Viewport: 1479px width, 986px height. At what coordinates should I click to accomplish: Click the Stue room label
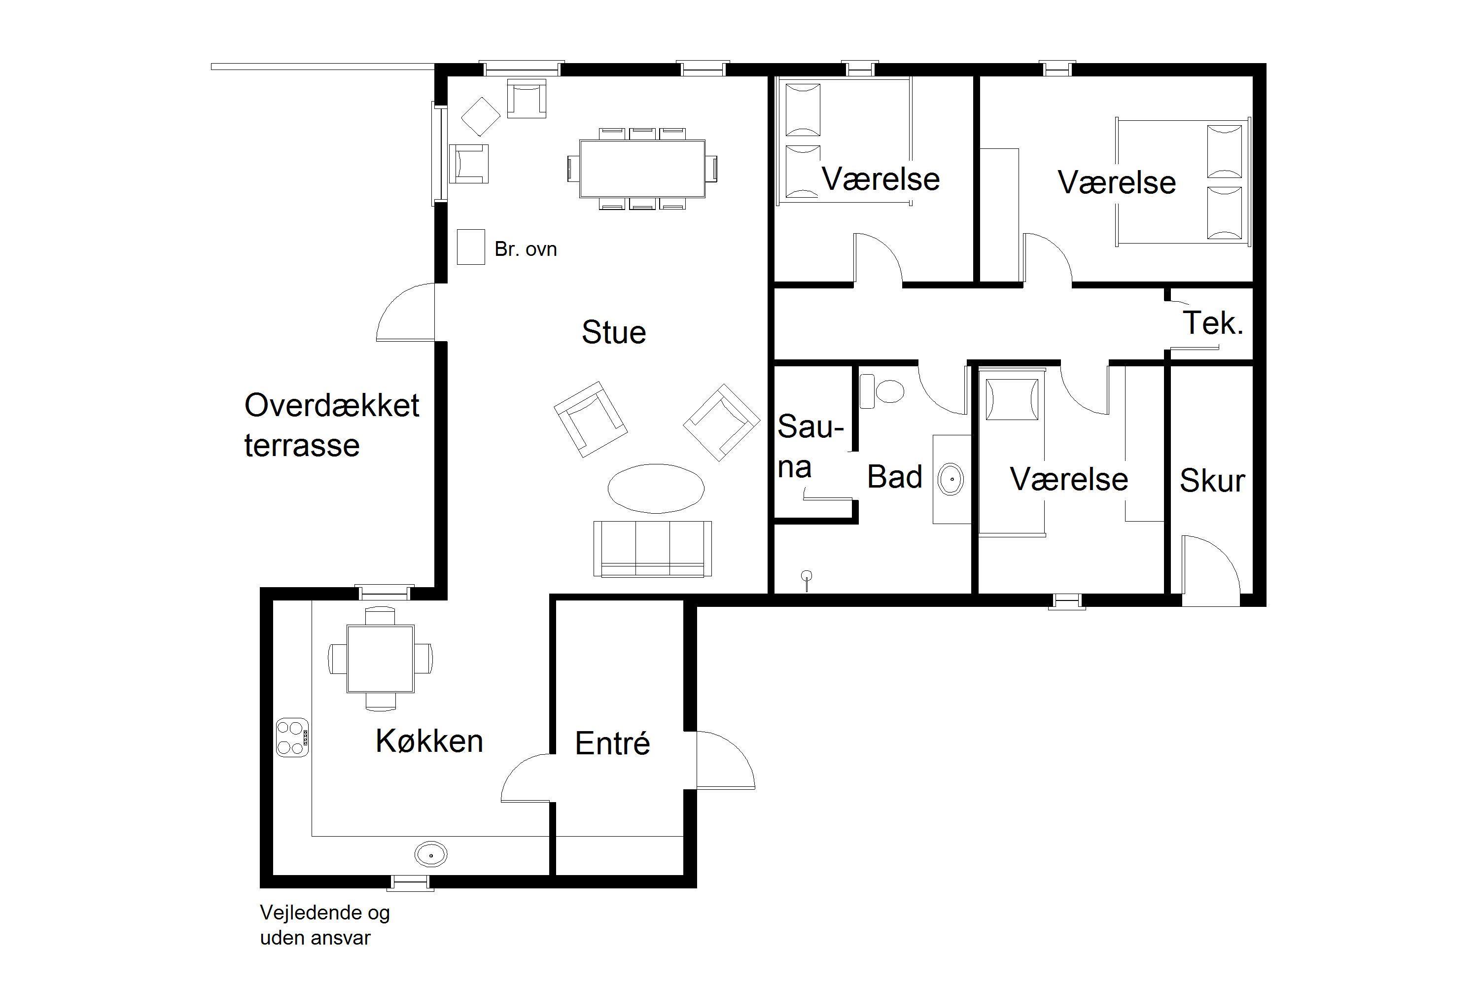614,333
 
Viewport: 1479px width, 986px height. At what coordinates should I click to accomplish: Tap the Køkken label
429,741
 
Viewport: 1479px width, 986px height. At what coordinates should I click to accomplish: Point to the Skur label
1212,481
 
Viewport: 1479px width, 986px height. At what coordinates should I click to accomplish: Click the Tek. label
1213,323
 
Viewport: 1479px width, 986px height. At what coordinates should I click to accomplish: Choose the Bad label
894,477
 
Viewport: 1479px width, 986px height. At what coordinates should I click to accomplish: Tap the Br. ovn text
526,249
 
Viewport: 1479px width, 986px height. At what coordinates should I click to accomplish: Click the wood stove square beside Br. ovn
471,246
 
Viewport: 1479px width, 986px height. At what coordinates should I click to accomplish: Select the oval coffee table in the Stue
656,488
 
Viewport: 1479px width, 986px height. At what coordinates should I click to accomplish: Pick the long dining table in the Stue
642,169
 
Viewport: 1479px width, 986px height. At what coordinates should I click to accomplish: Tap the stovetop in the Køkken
292,737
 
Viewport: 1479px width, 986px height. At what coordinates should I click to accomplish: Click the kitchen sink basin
431,854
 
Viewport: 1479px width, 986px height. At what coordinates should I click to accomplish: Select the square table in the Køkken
381,658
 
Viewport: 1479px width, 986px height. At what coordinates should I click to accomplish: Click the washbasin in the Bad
951,479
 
